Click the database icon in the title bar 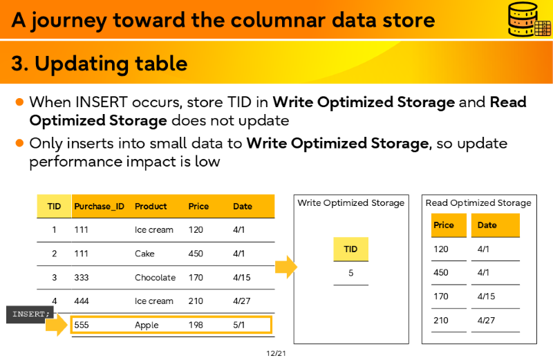[529, 19]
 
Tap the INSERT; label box [30, 314]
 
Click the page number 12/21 [276, 353]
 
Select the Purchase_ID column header [99, 207]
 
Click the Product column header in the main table [151, 207]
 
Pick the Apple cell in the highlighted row [147, 325]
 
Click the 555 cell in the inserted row [82, 325]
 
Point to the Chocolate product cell [155, 278]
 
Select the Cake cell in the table [144, 254]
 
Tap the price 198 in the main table [196, 325]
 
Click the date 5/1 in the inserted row [238, 325]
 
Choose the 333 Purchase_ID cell [82, 278]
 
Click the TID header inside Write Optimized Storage [351, 249]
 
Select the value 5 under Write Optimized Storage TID [351, 273]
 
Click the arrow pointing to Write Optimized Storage [286, 267]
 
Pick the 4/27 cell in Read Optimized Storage [486, 320]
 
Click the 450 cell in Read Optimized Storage [441, 272]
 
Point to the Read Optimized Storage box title [478, 202]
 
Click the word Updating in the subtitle [82, 64]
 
